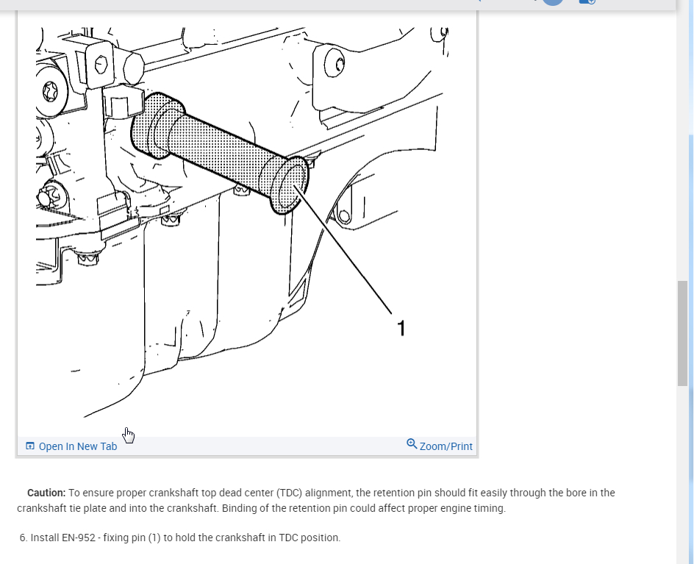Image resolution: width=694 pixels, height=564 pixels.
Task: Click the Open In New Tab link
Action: point(78,446)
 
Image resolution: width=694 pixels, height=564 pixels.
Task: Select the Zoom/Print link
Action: point(446,446)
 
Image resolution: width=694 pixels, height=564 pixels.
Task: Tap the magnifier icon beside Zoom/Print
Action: point(412,443)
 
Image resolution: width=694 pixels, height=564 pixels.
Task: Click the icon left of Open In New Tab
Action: point(30,446)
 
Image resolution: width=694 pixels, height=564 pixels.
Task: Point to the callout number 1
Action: point(401,329)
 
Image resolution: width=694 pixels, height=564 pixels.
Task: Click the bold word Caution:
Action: point(46,493)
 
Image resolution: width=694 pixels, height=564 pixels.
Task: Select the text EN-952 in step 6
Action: point(79,538)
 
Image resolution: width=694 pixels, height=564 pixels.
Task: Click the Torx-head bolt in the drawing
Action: point(50,92)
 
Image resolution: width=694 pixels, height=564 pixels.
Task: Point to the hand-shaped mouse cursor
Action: point(129,435)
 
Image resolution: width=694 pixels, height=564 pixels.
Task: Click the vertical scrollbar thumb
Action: point(682,333)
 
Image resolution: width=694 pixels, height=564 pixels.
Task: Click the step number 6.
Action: point(24,538)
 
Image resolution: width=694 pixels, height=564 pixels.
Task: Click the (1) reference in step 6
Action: point(154,538)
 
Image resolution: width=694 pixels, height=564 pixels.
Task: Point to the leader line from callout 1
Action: point(343,250)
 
